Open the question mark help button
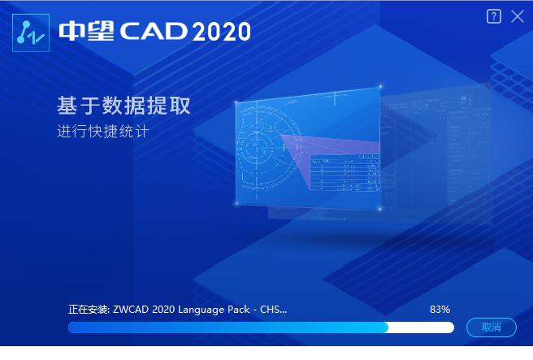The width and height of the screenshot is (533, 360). tap(494, 16)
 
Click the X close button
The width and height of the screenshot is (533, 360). tap(518, 16)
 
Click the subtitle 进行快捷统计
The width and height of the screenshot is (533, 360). tap(103, 132)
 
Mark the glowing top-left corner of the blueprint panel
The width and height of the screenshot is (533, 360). tap(236, 103)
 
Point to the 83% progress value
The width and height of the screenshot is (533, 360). tap(440, 310)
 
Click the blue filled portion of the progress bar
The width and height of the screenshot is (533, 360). tap(227, 327)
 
